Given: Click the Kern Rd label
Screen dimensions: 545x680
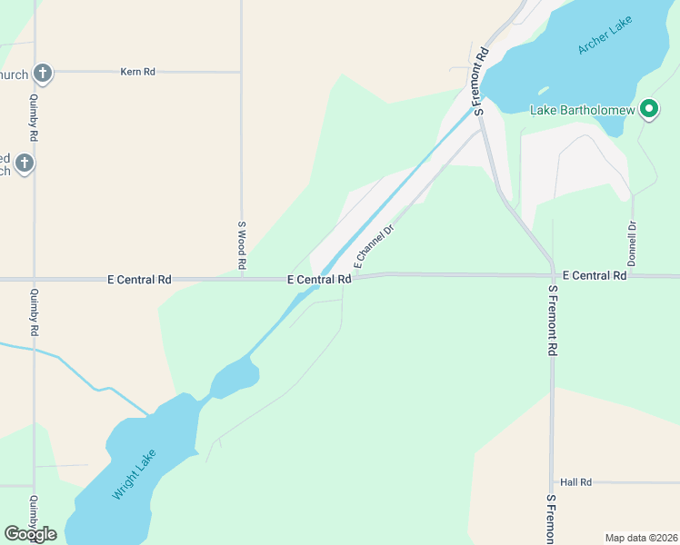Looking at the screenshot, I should click(137, 71).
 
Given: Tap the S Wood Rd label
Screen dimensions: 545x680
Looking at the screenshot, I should click(242, 245).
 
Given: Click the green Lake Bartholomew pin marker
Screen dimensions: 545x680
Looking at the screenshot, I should click(648, 110).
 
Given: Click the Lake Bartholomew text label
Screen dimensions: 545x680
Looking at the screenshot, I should click(582, 111).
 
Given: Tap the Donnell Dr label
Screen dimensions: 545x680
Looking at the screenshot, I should click(631, 243).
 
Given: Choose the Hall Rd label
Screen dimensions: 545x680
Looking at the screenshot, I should click(576, 482).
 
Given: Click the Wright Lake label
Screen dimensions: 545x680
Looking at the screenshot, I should click(135, 475).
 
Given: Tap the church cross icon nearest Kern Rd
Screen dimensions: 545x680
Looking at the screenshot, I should click(42, 73).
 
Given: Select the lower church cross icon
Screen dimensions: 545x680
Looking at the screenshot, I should click(25, 163).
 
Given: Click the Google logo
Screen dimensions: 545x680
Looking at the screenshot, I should click(30, 533).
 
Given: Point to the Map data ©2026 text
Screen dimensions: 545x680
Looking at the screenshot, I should click(641, 537).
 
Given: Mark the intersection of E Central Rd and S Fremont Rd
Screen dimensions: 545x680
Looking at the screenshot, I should click(552, 274).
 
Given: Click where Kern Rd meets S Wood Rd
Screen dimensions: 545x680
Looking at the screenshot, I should click(241, 71).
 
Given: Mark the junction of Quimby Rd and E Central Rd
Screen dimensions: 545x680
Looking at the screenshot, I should click(35, 280).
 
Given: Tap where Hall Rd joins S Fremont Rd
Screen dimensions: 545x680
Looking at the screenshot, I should click(552, 482).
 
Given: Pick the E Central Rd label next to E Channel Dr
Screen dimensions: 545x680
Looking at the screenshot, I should click(319, 280).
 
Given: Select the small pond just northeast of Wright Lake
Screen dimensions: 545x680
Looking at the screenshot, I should click(235, 375).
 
